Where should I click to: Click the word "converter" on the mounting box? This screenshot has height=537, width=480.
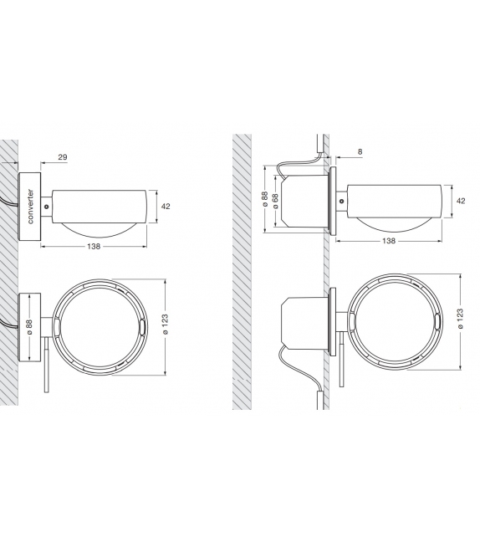tap(30, 206)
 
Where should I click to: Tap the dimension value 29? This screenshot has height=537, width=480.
tap(64, 157)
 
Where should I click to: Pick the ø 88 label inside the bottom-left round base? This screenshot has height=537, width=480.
tap(29, 329)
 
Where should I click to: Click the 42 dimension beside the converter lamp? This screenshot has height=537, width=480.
tap(166, 205)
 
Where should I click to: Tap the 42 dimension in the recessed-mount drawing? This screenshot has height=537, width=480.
tap(461, 201)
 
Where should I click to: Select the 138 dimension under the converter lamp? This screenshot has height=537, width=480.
tap(94, 246)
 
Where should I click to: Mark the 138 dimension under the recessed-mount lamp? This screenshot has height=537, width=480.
tap(388, 240)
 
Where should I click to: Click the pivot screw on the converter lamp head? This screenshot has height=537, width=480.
tap(48, 203)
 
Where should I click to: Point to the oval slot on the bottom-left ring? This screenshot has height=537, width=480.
tap(142, 329)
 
